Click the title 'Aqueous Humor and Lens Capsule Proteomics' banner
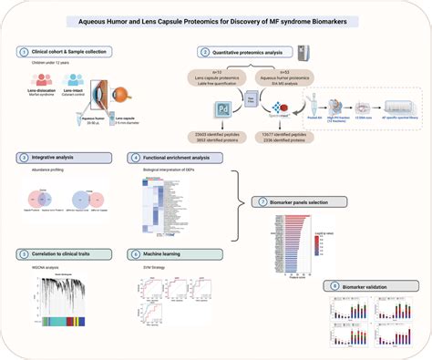coord(216,20)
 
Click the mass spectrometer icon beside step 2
coord(307,57)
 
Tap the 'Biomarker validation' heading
coord(369,285)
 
